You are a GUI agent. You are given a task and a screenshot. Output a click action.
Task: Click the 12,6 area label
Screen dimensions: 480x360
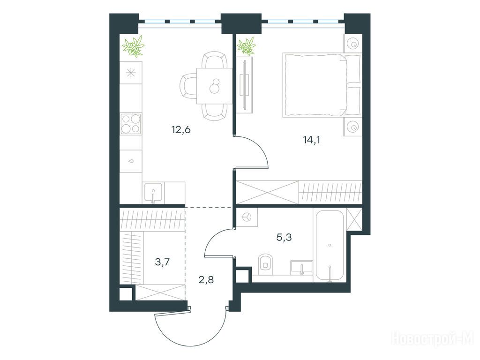coord(181,130)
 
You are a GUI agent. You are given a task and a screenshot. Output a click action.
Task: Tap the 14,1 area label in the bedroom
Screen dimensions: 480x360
coord(311,140)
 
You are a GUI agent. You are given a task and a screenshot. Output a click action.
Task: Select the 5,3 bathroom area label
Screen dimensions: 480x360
coord(284,237)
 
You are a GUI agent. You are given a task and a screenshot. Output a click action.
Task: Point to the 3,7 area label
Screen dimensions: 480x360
coord(162,262)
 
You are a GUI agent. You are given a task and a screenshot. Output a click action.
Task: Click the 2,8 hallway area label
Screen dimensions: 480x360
coord(206,279)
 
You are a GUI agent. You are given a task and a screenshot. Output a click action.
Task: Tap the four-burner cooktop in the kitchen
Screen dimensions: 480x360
coord(131,124)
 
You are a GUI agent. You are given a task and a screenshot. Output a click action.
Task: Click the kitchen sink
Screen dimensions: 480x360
coord(153,193)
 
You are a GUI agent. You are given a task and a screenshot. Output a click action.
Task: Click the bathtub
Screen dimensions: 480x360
coord(330,245)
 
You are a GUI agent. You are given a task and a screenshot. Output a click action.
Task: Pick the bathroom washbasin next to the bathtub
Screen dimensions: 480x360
coord(301,267)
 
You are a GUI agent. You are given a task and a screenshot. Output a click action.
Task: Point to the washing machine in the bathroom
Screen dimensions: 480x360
coord(247,217)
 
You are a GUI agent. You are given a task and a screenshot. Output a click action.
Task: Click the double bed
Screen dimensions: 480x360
coord(322,85)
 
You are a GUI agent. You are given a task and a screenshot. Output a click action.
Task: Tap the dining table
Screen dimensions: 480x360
coord(214,86)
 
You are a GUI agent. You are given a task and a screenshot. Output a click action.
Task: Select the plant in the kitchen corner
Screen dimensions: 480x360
coord(133,46)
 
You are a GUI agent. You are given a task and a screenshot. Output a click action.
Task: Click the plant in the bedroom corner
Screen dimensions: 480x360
coord(247,46)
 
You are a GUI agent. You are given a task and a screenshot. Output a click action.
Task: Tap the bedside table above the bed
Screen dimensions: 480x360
coord(352,43)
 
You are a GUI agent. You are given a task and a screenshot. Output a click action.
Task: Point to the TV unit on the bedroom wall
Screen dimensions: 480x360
coord(245,85)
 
